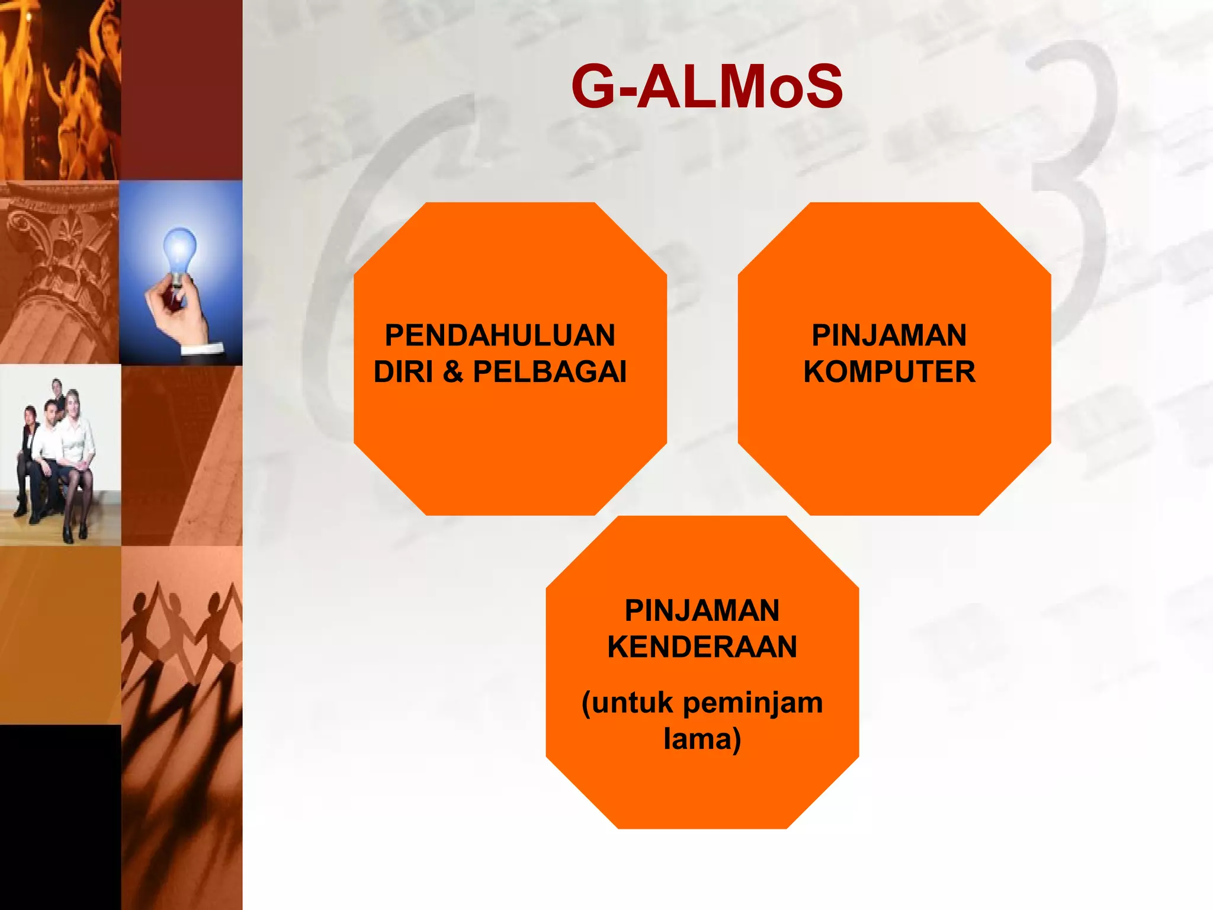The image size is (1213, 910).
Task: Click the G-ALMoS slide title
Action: [x=707, y=87]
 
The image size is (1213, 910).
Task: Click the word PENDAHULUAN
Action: [x=500, y=335]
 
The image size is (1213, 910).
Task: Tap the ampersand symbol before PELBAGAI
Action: [x=453, y=372]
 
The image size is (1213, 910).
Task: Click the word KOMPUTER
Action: [x=889, y=372]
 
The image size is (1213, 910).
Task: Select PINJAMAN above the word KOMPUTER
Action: [x=889, y=335]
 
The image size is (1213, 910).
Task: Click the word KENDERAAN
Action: [x=702, y=646]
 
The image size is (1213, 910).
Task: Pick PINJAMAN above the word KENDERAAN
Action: [x=702, y=611]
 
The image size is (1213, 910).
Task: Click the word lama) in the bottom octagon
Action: [x=702, y=739]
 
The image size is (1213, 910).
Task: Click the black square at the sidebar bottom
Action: [x=59, y=818]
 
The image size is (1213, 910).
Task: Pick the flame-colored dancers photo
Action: [x=59, y=89]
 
